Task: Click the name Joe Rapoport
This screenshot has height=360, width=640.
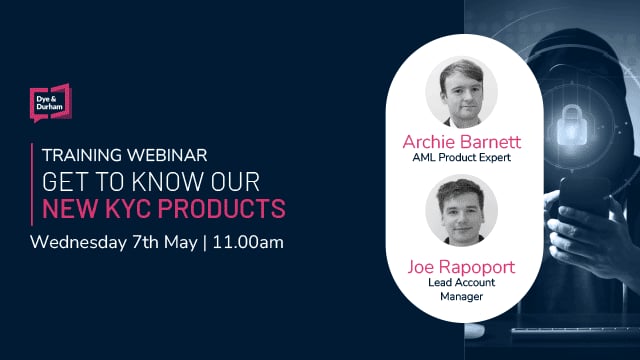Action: coord(462,266)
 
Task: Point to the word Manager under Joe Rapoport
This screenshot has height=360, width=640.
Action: coord(462,297)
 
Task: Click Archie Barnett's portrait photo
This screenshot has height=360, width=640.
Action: coord(461,93)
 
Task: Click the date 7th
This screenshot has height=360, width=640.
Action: coord(149,243)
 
